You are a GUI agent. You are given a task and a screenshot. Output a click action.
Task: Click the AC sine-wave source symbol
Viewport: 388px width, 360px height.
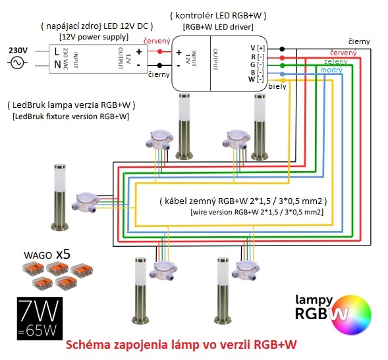pyautogui.click(x=17, y=63)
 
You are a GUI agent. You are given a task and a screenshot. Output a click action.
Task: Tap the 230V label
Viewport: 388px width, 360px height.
pyautogui.click(x=18, y=51)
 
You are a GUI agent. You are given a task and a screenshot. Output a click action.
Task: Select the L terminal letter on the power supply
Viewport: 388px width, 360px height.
pyautogui.click(x=57, y=52)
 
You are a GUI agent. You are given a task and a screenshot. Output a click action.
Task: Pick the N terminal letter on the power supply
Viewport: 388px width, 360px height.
pyautogui.click(x=57, y=64)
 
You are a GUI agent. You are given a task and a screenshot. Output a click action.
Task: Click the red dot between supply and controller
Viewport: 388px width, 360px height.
pyautogui.click(x=160, y=52)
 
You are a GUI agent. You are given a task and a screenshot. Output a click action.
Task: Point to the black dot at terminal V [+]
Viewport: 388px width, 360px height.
pyautogui.click(x=282, y=49)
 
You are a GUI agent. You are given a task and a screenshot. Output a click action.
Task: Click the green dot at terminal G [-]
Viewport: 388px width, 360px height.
pyautogui.click(x=282, y=66)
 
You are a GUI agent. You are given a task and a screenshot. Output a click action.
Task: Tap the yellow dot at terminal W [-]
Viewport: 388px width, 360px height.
pyautogui.click(x=283, y=80)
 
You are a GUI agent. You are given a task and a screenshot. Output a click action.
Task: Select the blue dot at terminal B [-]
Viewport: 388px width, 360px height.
pyautogui.click(x=283, y=74)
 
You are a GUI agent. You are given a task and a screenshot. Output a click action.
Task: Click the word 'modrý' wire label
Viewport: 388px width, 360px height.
pyautogui.click(x=331, y=70)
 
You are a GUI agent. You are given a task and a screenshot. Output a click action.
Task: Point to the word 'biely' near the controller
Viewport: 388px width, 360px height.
pyautogui.click(x=277, y=86)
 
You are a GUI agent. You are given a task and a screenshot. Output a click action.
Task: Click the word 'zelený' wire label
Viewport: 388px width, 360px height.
pyautogui.click(x=335, y=61)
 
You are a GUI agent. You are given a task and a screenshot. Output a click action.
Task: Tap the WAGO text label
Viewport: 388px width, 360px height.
pyautogui.click(x=38, y=255)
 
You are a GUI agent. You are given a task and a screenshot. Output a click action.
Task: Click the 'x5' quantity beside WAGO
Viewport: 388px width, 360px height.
pyautogui.click(x=63, y=254)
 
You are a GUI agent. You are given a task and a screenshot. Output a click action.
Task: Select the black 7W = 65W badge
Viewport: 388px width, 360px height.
pyautogui.click(x=40, y=319)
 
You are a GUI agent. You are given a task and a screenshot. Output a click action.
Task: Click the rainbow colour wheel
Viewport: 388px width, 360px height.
pyautogui.click(x=352, y=315)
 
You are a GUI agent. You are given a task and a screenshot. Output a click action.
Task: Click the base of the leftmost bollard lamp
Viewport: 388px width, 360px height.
pyautogui.click(x=60, y=226)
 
